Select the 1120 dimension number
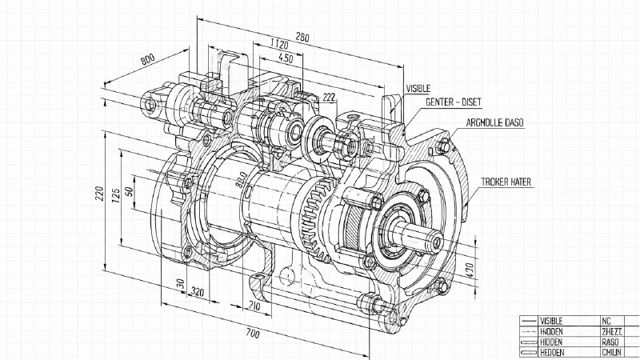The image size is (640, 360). [279, 44]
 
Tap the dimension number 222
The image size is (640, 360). [328, 98]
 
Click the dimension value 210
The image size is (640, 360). [254, 306]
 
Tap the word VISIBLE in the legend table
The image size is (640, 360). [552, 321]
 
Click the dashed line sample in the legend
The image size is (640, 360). [527, 331]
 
